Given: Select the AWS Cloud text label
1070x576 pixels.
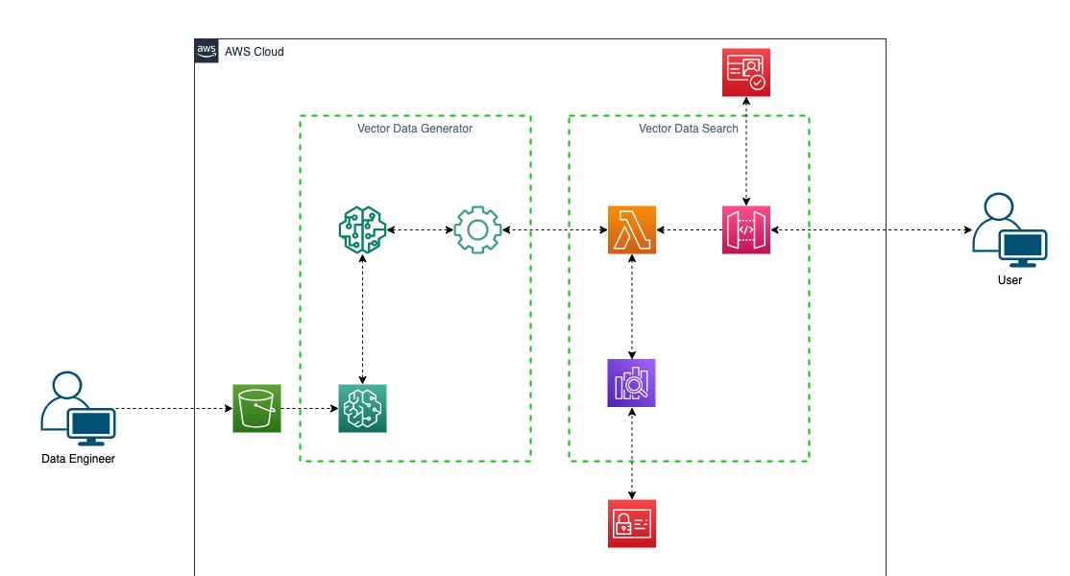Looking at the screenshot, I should pyautogui.click(x=255, y=52).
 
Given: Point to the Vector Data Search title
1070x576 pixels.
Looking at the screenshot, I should pyautogui.click(x=689, y=129).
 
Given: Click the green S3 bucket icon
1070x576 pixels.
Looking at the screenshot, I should pyautogui.click(x=256, y=408).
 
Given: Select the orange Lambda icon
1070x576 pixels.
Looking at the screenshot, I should pyautogui.click(x=632, y=230).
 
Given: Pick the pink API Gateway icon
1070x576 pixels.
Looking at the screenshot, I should pyautogui.click(x=746, y=230).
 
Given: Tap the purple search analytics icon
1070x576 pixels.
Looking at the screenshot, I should pyautogui.click(x=632, y=383).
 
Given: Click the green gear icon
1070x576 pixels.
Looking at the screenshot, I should pyautogui.click(x=477, y=230).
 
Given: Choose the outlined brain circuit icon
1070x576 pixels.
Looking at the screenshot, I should pyautogui.click(x=362, y=230).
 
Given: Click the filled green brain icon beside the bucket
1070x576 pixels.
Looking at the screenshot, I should pyautogui.click(x=362, y=408).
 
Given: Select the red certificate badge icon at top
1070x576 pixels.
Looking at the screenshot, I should pyautogui.click(x=746, y=72).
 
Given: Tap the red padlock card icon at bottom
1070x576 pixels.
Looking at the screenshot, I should pyautogui.click(x=632, y=523).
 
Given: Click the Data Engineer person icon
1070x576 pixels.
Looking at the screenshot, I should pyautogui.click(x=77, y=408).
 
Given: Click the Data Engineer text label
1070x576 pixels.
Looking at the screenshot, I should pyautogui.click(x=78, y=459).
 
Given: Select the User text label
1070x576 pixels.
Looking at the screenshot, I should pyautogui.click(x=1009, y=280).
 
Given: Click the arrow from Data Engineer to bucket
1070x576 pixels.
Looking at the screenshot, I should pyautogui.click(x=173, y=408).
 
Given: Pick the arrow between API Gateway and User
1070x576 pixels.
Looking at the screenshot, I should pyautogui.click(x=869, y=230).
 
